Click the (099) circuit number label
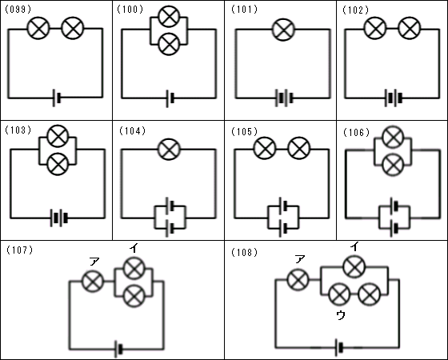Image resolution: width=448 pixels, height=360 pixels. coord(18,9)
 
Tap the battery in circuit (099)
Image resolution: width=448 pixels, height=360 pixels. coord(57,98)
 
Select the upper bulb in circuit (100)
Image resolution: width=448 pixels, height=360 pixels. coord(169,17)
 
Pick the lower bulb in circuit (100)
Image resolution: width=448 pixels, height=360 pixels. coord(169,44)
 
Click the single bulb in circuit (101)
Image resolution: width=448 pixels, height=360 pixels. coord(283,30)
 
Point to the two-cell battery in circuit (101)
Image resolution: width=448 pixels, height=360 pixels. coord(284,98)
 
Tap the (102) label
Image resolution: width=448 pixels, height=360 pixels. coord(356,10)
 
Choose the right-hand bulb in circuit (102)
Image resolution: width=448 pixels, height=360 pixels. coord(409,28)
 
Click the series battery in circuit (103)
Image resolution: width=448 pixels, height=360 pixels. coord(59,218)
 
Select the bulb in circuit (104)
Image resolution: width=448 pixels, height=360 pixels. coord(169,149)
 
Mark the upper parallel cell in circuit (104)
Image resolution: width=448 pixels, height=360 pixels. coord(170,206)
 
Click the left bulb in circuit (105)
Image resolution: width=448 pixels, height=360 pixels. coord(265,148)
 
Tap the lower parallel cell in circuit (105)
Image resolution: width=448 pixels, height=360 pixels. coord(283,228)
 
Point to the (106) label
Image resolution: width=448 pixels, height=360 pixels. coord(356,132)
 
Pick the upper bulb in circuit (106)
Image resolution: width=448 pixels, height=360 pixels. coord(393,137)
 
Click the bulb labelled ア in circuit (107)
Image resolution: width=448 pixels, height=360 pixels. coord(93,281)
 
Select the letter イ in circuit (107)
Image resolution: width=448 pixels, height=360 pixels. coord(133,248)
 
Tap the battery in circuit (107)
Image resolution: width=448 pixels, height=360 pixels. coord(118,349)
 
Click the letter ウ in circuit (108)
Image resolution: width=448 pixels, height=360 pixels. coord(341,315)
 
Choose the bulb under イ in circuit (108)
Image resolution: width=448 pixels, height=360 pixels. coord(354,267)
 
